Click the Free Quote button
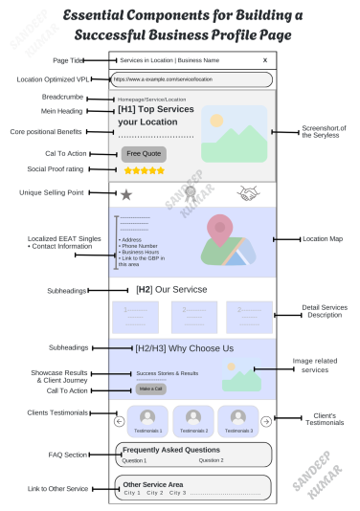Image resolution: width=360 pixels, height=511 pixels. click(x=144, y=153)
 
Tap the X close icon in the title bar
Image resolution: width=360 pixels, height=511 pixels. click(x=265, y=60)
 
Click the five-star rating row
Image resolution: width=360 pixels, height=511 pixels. click(x=145, y=170)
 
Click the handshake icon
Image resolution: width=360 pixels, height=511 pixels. click(x=249, y=193)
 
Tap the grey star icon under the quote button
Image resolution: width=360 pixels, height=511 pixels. click(x=126, y=194)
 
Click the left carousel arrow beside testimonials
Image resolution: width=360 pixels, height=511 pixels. click(x=120, y=420)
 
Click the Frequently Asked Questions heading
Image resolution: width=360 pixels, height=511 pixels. click(x=170, y=449)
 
